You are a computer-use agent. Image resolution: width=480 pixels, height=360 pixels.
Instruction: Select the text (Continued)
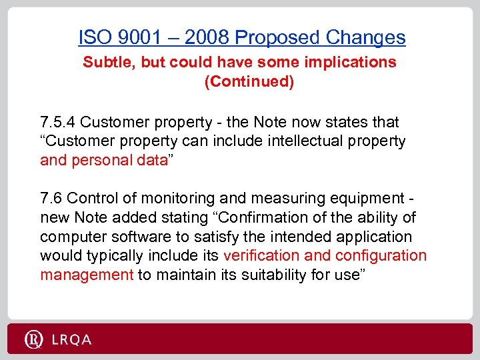click(249, 82)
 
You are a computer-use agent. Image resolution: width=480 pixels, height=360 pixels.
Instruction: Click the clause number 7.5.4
click(58, 122)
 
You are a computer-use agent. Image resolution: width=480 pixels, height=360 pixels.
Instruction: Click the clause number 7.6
click(52, 198)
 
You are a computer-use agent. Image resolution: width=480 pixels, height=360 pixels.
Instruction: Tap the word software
click(131, 237)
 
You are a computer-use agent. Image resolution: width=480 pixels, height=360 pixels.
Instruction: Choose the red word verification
click(261, 255)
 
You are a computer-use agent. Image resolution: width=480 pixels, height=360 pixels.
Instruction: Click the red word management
click(87, 275)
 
